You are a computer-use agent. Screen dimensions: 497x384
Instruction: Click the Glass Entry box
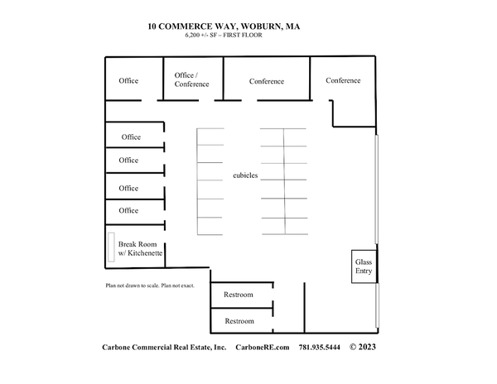click(364, 266)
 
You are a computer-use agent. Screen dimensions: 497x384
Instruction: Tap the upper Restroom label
click(239, 295)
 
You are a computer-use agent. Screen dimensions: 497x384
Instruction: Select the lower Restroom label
click(239, 321)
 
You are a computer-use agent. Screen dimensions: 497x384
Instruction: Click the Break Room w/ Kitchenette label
click(140, 248)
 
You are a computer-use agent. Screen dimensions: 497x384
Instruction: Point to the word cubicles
click(245, 175)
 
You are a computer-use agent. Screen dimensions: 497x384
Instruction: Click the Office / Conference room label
click(191, 79)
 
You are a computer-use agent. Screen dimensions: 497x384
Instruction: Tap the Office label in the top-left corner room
click(128, 81)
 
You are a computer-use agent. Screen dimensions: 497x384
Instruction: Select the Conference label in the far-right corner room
click(343, 80)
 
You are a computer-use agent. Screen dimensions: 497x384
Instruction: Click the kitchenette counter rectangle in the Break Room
click(111, 247)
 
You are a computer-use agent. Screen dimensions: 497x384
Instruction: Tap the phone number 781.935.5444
click(319, 348)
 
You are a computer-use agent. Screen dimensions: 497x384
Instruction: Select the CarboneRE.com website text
click(262, 348)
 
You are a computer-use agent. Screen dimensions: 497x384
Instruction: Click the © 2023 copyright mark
click(363, 347)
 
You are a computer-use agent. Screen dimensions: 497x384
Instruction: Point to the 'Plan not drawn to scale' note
click(133, 286)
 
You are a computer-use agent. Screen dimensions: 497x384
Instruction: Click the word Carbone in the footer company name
click(116, 348)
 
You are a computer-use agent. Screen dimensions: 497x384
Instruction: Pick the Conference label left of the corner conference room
click(266, 81)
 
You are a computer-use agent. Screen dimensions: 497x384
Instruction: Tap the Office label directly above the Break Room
click(128, 210)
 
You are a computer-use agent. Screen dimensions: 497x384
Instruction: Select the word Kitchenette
click(145, 253)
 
